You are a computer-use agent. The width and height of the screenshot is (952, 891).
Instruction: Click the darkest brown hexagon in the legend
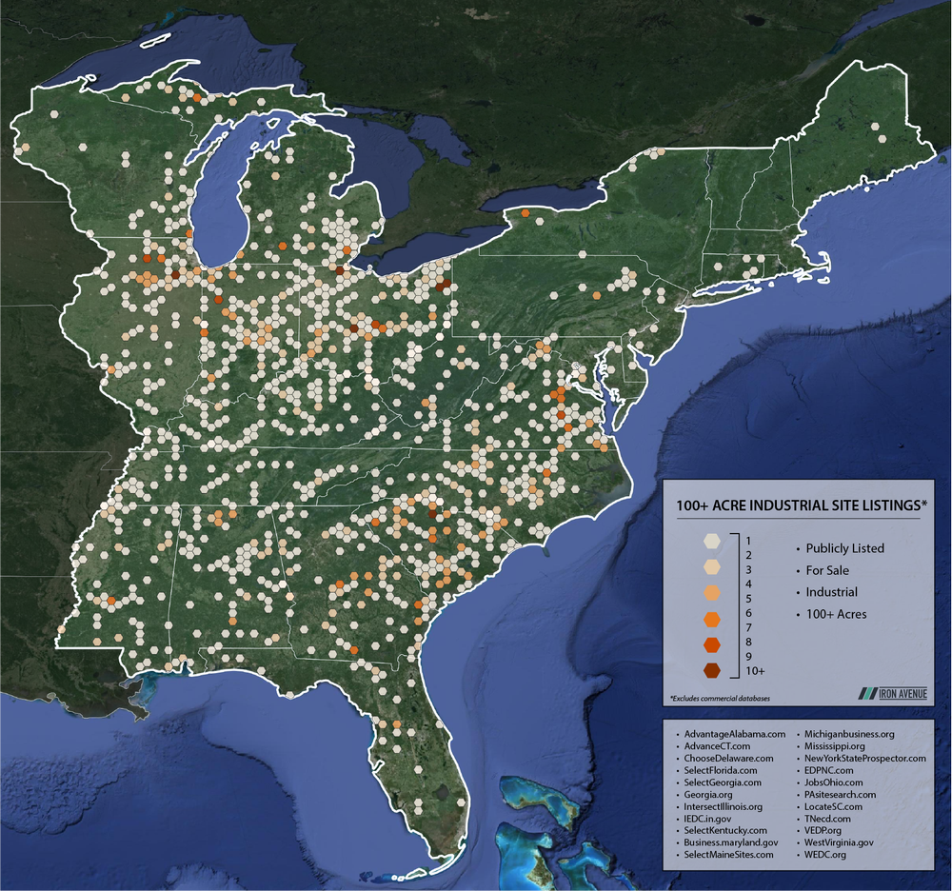click(x=711, y=671)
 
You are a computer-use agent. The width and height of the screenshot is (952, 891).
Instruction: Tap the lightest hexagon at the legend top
click(x=711, y=541)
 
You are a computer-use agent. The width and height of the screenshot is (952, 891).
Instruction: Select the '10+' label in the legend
click(x=756, y=671)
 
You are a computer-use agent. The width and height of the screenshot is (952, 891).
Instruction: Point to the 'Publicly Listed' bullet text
click(x=844, y=548)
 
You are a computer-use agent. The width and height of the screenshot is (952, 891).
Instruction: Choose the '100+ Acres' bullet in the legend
click(x=836, y=614)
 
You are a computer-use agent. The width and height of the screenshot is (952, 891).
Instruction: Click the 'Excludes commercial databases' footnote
click(x=720, y=699)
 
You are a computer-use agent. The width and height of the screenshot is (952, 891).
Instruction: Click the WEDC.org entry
click(x=824, y=855)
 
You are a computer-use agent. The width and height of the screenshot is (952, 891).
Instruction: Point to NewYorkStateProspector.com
click(x=864, y=759)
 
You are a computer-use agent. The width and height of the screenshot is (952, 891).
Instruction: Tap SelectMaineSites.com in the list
click(x=728, y=855)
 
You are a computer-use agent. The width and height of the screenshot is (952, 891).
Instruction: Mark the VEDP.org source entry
click(x=825, y=830)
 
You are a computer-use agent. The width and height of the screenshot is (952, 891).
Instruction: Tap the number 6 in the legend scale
click(x=750, y=614)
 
